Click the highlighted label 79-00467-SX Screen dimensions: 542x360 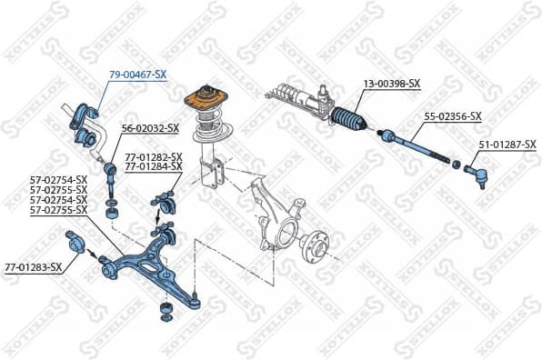coord(138,74)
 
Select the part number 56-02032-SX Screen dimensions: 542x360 coord(150,129)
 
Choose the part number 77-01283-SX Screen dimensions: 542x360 coord(34,267)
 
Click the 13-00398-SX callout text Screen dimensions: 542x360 coord(392,84)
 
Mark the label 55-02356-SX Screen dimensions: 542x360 coord(453,116)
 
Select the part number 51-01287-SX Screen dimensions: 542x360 coord(507,145)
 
